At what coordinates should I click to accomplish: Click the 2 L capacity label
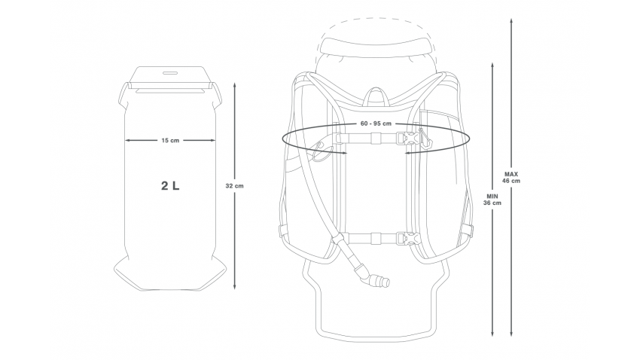pyautogui.click(x=169, y=185)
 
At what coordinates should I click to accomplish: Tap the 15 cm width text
pyautogui.click(x=170, y=140)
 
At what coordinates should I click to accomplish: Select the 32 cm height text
pyautogui.click(x=235, y=185)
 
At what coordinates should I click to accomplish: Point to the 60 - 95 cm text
pyautogui.click(x=376, y=123)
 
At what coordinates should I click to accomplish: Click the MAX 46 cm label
pyautogui.click(x=511, y=178)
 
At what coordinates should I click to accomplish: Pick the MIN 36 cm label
pyautogui.click(x=492, y=199)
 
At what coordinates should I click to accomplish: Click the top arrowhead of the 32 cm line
pyautogui.click(x=235, y=85)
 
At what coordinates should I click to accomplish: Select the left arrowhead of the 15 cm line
pyautogui.click(x=126, y=140)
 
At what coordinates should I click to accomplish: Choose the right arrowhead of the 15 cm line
pyautogui.click(x=215, y=140)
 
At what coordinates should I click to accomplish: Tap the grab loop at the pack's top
pyautogui.click(x=376, y=93)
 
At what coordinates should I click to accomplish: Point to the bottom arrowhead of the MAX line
pyautogui.click(x=512, y=335)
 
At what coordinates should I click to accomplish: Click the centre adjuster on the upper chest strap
pyautogui.click(x=374, y=139)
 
